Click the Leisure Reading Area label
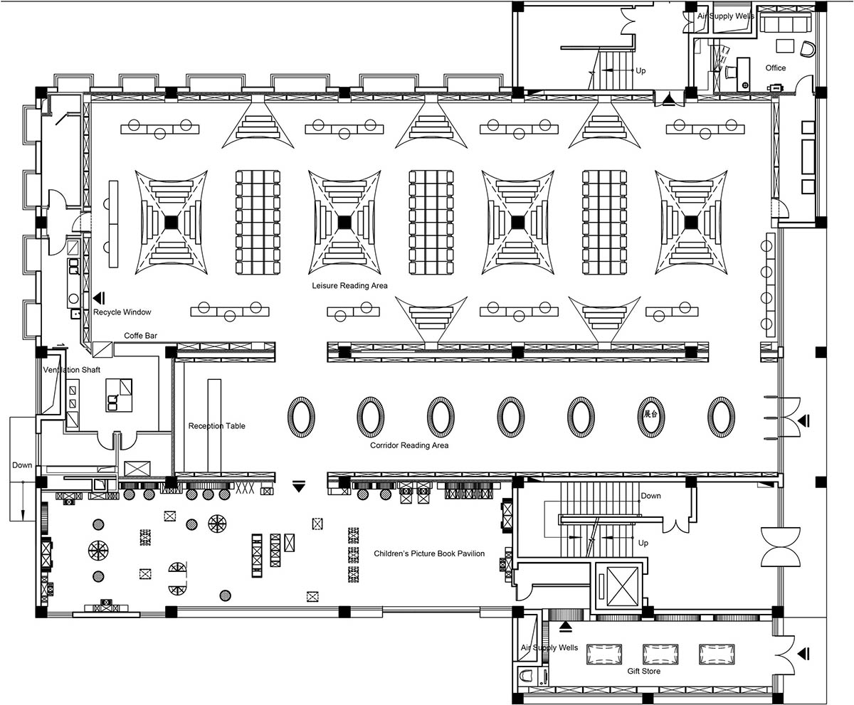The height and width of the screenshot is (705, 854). click(x=349, y=285)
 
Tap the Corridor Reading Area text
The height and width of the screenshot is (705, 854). click(x=409, y=445)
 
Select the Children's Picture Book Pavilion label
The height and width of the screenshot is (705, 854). click(x=429, y=553)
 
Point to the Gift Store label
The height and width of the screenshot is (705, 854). click(x=644, y=671)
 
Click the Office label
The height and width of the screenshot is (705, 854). click(x=776, y=68)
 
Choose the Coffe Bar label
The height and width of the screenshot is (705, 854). click(x=140, y=335)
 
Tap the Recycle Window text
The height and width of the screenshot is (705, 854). click(x=122, y=312)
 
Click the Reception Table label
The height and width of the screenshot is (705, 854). click(x=216, y=425)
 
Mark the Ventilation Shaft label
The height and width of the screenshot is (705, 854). click(x=72, y=370)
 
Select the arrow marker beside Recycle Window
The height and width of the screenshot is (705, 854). click(x=100, y=298)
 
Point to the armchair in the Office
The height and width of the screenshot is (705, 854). click(x=807, y=49)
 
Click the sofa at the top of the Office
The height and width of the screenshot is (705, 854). click(x=785, y=23)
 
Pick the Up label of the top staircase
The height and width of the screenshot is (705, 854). click(x=640, y=70)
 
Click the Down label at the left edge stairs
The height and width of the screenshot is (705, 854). click(x=21, y=465)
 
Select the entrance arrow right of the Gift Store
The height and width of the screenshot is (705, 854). click(x=803, y=654)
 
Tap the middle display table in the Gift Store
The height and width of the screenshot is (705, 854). click(x=660, y=654)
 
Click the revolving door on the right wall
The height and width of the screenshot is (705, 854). click(x=781, y=547)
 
